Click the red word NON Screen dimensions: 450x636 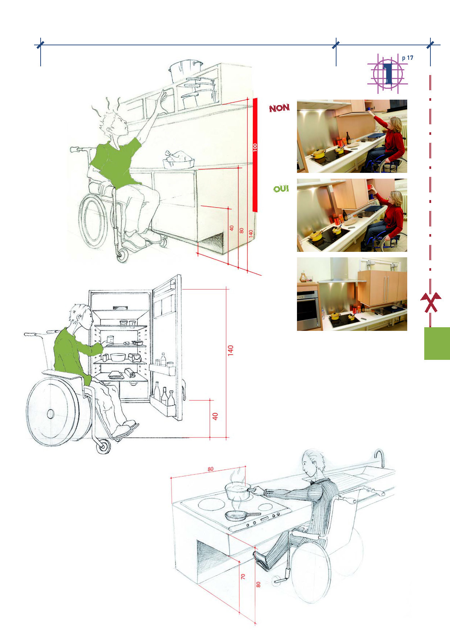(x=279, y=108)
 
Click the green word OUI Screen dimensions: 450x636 (x=281, y=189)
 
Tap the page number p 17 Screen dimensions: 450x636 (x=408, y=58)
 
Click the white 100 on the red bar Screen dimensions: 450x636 (x=255, y=147)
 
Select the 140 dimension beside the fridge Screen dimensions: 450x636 (x=231, y=351)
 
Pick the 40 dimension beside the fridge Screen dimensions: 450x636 (x=215, y=416)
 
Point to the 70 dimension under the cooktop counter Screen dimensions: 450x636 (x=243, y=576)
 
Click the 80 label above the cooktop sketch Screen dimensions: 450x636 (x=211, y=469)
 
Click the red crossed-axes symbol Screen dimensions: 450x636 (x=430, y=303)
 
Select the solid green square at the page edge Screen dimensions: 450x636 (x=437, y=343)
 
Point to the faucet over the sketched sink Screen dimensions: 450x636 (x=379, y=458)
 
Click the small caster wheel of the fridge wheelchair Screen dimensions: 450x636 (x=103, y=447)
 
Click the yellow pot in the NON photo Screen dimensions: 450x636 (x=319, y=154)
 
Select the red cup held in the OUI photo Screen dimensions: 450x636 (x=370, y=187)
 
